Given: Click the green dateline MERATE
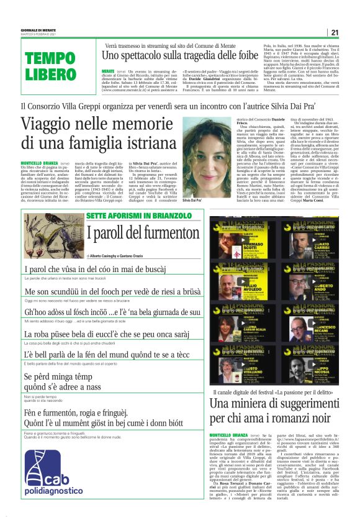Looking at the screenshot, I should [x=109, y=72].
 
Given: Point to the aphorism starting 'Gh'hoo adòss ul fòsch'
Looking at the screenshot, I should [x=112, y=312].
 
